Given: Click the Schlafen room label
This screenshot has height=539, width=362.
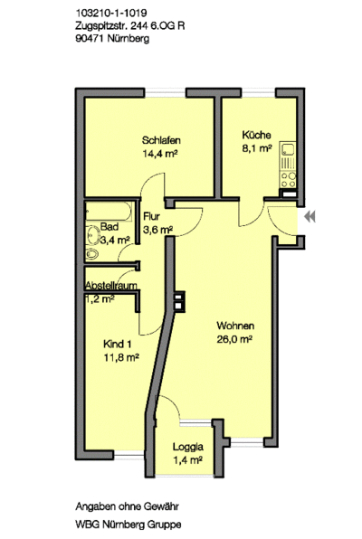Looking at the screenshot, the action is tap(161, 140).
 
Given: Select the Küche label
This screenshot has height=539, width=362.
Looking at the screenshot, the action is tap(256, 135).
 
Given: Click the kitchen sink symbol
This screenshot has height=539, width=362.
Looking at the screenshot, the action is tap(288, 149).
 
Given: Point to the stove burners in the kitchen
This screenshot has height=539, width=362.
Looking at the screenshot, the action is tap(289, 180).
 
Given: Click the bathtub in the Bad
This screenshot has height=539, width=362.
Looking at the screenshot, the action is tap(109, 212).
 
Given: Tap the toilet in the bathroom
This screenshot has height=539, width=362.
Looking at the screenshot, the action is tap(92, 254).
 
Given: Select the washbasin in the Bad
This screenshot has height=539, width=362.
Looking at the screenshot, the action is tap(92, 235).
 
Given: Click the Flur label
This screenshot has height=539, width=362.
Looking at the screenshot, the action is tap(151, 216).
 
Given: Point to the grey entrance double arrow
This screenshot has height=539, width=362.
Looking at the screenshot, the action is tap(310, 217).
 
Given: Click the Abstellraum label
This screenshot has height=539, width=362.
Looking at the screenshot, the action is tap(111, 285).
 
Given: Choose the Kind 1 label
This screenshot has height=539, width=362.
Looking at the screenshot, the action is tap(118, 344).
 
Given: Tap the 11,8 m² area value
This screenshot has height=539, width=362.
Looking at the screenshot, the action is tap(121, 357).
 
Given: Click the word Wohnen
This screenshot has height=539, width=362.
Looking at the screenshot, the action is tap(235, 326).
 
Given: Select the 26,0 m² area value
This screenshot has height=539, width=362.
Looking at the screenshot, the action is tap(234, 339).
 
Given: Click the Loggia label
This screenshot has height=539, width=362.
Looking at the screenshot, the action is tap(188, 447).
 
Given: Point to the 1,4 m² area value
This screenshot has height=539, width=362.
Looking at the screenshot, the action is tap(187, 460).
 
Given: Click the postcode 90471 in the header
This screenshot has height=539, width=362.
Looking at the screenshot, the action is tap(90, 38).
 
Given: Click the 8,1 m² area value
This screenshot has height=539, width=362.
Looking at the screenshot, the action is tap(257, 148).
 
